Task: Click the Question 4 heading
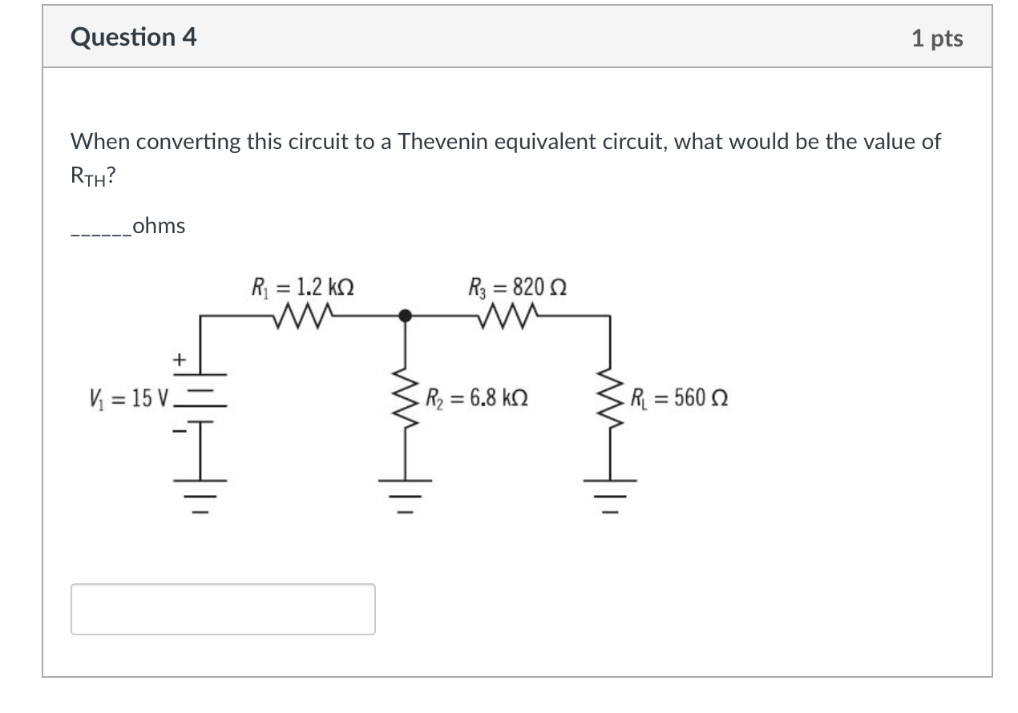133,38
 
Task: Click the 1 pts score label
937,38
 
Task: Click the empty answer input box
223,609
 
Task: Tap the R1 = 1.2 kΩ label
303,286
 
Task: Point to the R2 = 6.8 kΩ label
478,397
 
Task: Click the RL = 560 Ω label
678,397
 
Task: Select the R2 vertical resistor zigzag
406,398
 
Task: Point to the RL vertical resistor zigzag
610,398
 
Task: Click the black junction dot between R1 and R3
406,316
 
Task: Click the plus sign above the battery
179,361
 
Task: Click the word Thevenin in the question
442,143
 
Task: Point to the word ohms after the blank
159,227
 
